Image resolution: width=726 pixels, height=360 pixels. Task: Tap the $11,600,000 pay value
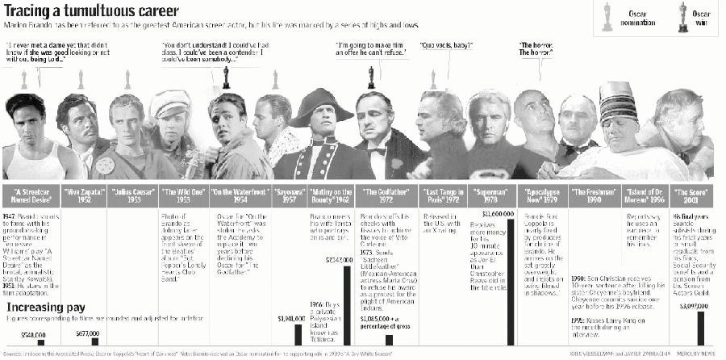coord(498,213)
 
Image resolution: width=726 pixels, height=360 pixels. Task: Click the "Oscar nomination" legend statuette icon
coord(607,16)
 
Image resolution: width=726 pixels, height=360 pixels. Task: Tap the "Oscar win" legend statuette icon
coord(682,16)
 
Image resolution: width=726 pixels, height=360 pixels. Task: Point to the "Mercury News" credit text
coord(700,354)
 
